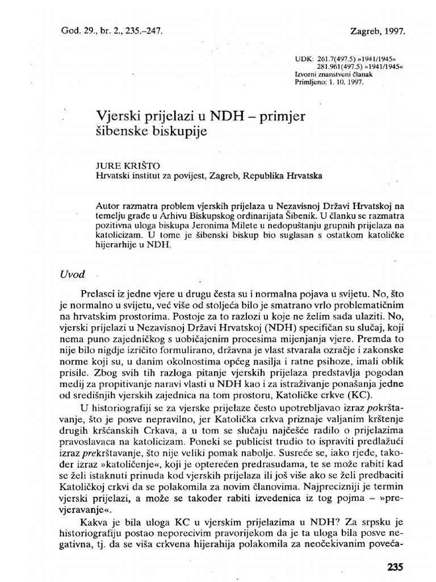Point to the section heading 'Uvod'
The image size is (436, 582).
coord(72,274)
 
